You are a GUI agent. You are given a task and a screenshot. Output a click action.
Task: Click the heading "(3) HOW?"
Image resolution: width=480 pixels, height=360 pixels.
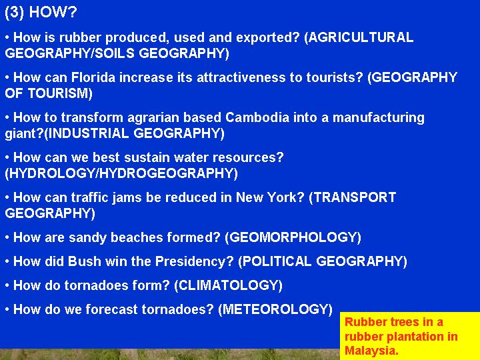pyautogui.click(x=41, y=13)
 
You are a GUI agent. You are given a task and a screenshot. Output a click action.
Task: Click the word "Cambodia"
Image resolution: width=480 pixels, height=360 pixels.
pyautogui.click(x=257, y=117)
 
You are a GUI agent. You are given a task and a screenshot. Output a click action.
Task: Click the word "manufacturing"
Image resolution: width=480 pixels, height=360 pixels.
pyautogui.click(x=379, y=119)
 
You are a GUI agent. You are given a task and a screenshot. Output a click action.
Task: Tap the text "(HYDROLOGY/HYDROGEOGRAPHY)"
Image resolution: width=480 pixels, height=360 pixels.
pyautogui.click(x=121, y=173)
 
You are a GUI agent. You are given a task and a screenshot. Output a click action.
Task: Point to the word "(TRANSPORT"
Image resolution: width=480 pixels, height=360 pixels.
pyautogui.click(x=353, y=198)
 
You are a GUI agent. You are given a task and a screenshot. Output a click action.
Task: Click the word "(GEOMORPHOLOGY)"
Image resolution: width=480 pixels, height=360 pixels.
pyautogui.click(x=293, y=237)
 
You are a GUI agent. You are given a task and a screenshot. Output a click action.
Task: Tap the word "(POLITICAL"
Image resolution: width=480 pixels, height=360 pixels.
pyautogui.click(x=275, y=262)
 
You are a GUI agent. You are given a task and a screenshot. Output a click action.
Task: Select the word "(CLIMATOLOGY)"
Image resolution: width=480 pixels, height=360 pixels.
pyautogui.click(x=228, y=285)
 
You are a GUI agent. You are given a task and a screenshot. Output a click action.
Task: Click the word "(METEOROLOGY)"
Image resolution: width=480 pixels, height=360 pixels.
pyautogui.click(x=275, y=309)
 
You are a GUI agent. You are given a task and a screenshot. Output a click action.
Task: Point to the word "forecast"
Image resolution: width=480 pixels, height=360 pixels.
pyautogui.click(x=111, y=309)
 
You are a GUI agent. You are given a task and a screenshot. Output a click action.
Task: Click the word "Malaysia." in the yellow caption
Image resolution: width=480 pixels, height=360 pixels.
pyautogui.click(x=371, y=350)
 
